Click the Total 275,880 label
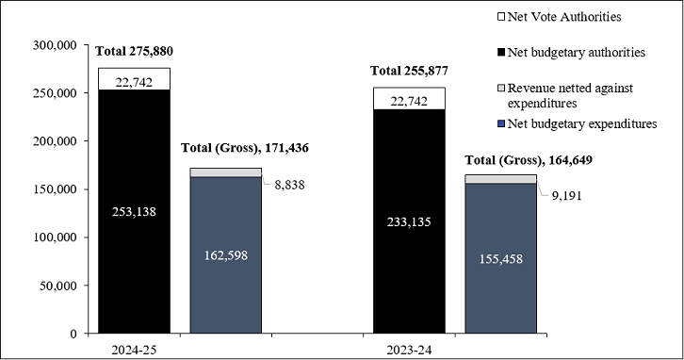135,50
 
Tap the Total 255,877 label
410,70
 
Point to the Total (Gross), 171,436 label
244,148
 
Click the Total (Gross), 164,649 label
528,160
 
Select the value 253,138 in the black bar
134,211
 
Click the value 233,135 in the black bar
410,222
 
